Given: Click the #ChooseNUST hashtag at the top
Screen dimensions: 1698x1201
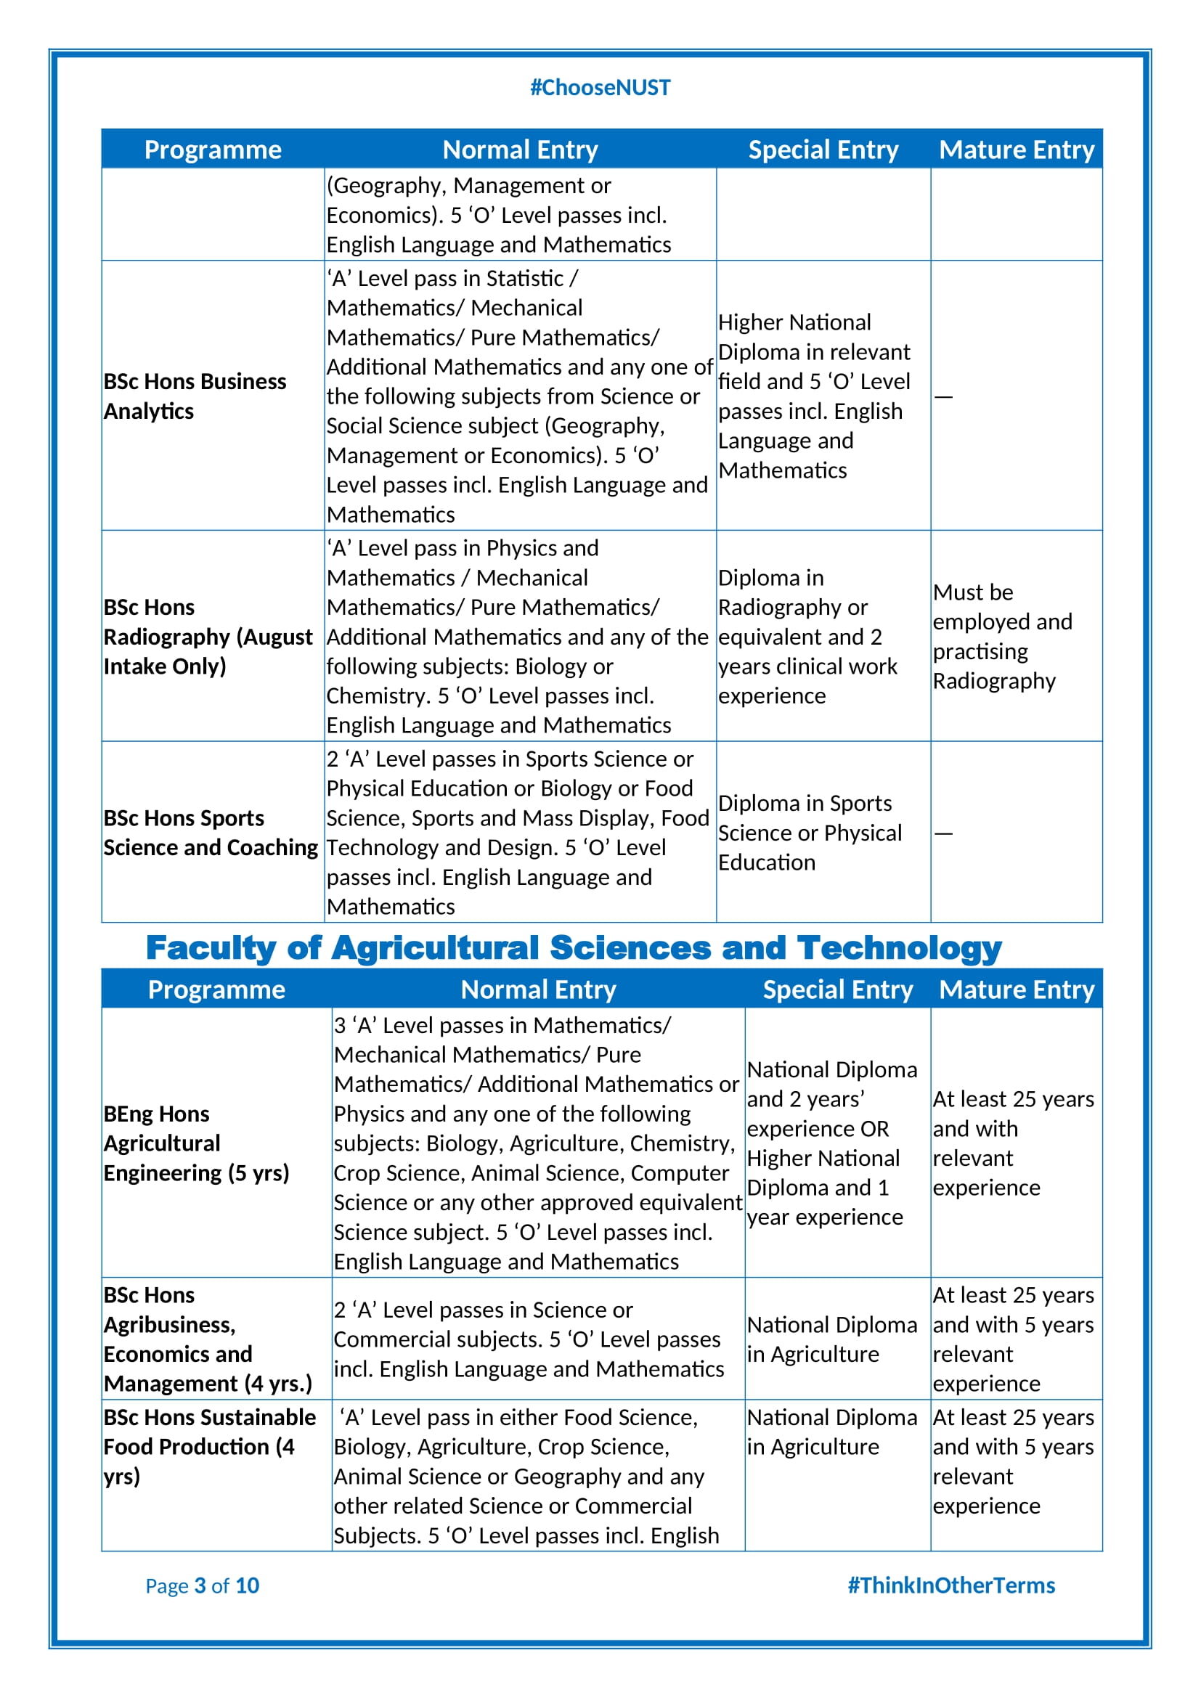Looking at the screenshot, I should tap(600, 87).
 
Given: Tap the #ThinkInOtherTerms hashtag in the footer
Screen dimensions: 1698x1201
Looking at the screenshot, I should tap(950, 1585).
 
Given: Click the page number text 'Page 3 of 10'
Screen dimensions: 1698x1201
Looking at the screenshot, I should tap(202, 1585).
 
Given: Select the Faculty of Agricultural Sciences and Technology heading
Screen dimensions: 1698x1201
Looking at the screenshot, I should tap(573, 947).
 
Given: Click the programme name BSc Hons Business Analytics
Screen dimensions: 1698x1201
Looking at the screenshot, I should tap(195, 396).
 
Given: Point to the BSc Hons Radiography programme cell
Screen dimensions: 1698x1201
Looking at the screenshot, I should tap(208, 636).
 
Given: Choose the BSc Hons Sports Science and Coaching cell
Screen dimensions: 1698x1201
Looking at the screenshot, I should tap(210, 832).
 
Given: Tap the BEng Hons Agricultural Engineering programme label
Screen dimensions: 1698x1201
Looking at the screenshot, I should tap(196, 1143).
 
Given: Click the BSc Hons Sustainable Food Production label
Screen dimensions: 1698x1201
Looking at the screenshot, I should tap(209, 1446).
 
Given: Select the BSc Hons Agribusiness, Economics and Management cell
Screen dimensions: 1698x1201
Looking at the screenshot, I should tap(207, 1339).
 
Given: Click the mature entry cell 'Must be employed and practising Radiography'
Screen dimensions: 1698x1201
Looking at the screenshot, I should tap(1002, 636).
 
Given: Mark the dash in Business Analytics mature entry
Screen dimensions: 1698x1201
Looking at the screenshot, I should tap(943, 397).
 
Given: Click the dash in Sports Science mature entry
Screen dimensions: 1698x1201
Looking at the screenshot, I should tap(943, 833).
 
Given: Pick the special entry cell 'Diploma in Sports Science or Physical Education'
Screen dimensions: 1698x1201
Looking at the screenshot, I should tap(810, 832).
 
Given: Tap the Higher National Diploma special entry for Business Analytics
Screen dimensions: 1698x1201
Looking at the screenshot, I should tap(813, 396).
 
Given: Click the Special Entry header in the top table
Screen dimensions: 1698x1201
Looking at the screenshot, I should tap(823, 150).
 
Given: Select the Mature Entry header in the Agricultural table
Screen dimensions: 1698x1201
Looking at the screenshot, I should tap(1016, 989).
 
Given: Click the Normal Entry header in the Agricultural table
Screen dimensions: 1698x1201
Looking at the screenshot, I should tap(537, 989).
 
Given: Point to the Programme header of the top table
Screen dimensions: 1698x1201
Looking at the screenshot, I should tap(213, 150).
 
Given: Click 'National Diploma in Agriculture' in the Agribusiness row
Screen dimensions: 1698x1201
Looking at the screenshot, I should tap(831, 1339).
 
